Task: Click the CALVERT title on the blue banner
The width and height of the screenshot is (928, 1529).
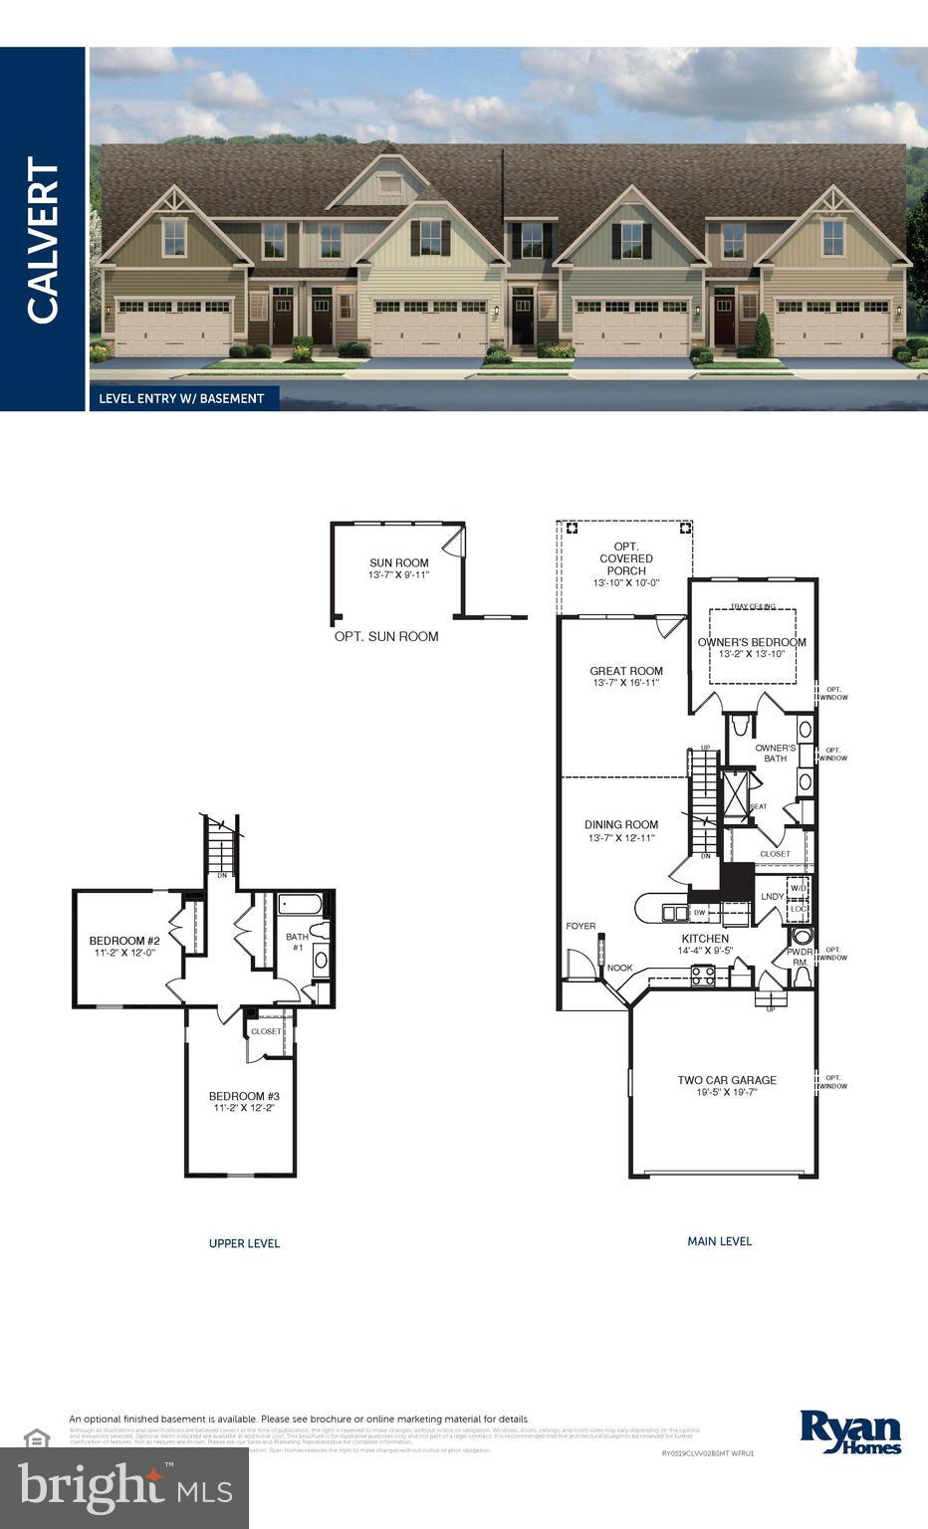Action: point(43,240)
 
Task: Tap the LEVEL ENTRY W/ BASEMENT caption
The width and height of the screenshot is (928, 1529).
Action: point(181,398)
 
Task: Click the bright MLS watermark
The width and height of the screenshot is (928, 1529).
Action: point(124,1488)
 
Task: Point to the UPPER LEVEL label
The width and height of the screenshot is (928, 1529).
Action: point(244,1243)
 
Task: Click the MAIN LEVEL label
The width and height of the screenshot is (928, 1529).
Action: point(719,1241)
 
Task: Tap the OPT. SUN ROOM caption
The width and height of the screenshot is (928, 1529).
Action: point(386,636)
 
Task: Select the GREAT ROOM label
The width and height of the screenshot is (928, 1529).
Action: point(626,671)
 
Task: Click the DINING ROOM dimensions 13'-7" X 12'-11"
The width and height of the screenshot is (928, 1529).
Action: point(621,838)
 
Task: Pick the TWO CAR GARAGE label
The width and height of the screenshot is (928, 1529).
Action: point(727,1080)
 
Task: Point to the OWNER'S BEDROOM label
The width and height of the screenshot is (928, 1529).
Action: point(752,642)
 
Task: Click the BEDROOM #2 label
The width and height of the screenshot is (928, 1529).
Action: point(124,941)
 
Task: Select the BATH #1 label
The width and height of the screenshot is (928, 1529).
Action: point(297,942)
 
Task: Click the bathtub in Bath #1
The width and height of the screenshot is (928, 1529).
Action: point(299,906)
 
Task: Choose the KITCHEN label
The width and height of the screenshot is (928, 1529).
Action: point(705,939)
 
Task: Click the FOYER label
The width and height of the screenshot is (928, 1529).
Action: point(580,926)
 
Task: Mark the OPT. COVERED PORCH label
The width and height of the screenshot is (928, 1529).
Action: point(626,558)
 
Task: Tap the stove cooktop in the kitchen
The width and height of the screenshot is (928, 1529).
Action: point(702,978)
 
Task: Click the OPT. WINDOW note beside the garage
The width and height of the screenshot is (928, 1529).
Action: point(833,1081)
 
